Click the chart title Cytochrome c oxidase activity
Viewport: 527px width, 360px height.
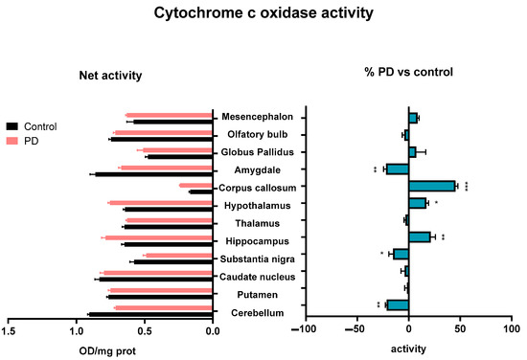click(263, 13)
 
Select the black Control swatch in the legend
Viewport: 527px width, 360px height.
click(12, 126)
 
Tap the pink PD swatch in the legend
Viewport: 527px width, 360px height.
click(12, 141)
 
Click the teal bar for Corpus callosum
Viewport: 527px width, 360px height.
click(432, 186)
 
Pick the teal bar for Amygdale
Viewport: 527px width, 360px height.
click(398, 169)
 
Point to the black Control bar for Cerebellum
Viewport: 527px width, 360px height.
click(150, 314)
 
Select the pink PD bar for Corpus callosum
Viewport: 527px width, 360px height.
click(196, 186)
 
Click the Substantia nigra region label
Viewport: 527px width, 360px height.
click(258, 259)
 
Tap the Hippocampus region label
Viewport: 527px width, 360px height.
click(257, 241)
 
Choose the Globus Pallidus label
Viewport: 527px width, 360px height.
click(257, 152)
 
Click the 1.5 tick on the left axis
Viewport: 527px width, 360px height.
click(8, 331)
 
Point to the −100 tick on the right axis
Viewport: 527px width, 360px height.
click(304, 328)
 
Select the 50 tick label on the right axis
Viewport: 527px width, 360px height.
click(460, 328)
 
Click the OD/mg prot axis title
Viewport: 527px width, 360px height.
click(107, 351)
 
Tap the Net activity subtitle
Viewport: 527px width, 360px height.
click(110, 76)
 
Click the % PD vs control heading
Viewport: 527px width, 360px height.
click(409, 72)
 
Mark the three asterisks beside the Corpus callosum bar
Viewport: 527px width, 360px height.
click(467, 187)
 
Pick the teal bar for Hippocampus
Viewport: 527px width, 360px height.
click(420, 237)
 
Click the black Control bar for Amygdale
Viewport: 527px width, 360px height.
click(154, 174)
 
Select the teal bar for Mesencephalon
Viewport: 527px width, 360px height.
click(413, 118)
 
